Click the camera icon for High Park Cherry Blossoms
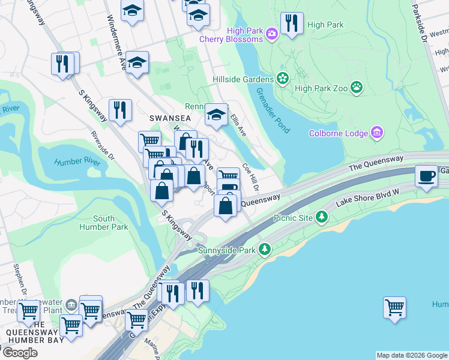pos(271,34)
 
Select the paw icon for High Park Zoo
pos(357,88)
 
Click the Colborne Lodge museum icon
pos(377,132)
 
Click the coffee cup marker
pos(426,176)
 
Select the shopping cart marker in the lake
pos(394,307)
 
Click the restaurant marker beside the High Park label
pos(292,23)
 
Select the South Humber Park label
pos(103,223)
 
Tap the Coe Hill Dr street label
pos(250,176)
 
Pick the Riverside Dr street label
pos(102,146)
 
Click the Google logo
pos(20,352)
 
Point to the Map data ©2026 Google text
pos(411,355)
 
